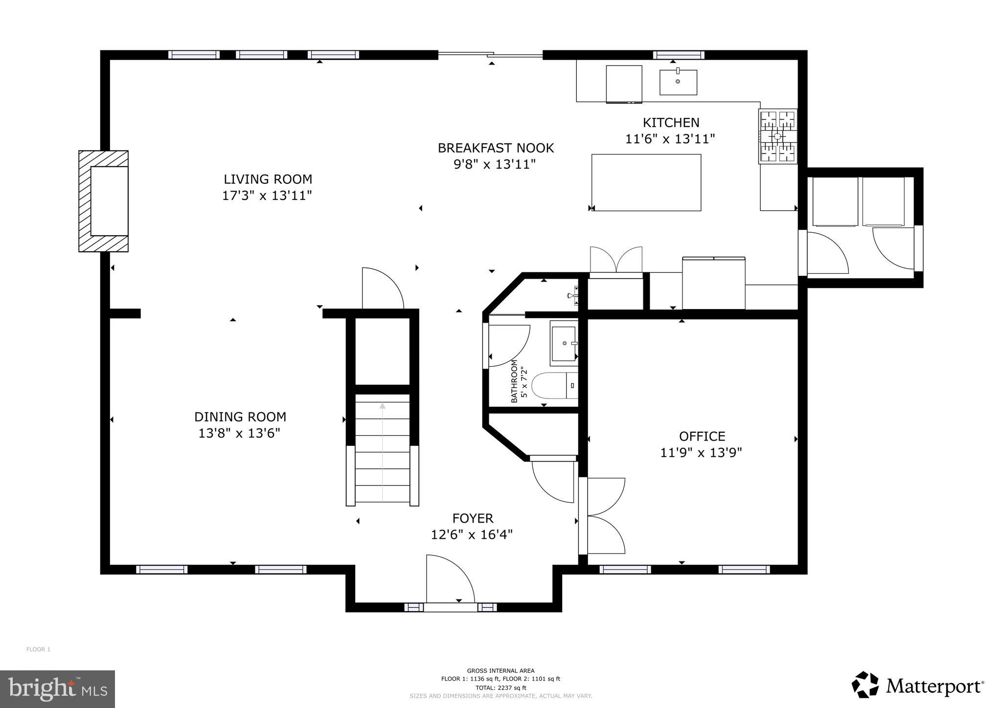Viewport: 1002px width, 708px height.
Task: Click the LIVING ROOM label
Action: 268,179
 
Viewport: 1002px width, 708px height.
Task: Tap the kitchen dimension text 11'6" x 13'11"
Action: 670,139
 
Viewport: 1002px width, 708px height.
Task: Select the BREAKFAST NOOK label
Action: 495,148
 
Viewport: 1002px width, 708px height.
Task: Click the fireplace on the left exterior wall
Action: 104,201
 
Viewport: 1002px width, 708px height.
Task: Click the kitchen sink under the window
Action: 678,82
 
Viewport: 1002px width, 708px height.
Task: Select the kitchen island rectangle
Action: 646,182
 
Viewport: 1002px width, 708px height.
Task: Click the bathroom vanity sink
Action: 563,343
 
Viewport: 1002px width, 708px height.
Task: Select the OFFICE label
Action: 702,436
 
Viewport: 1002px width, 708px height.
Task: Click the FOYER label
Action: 472,518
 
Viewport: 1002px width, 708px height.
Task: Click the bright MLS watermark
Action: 57,689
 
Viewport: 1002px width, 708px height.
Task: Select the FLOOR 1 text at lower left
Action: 38,649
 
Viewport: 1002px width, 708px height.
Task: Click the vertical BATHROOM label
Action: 514,381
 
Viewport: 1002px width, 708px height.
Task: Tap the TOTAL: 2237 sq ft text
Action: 501,687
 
